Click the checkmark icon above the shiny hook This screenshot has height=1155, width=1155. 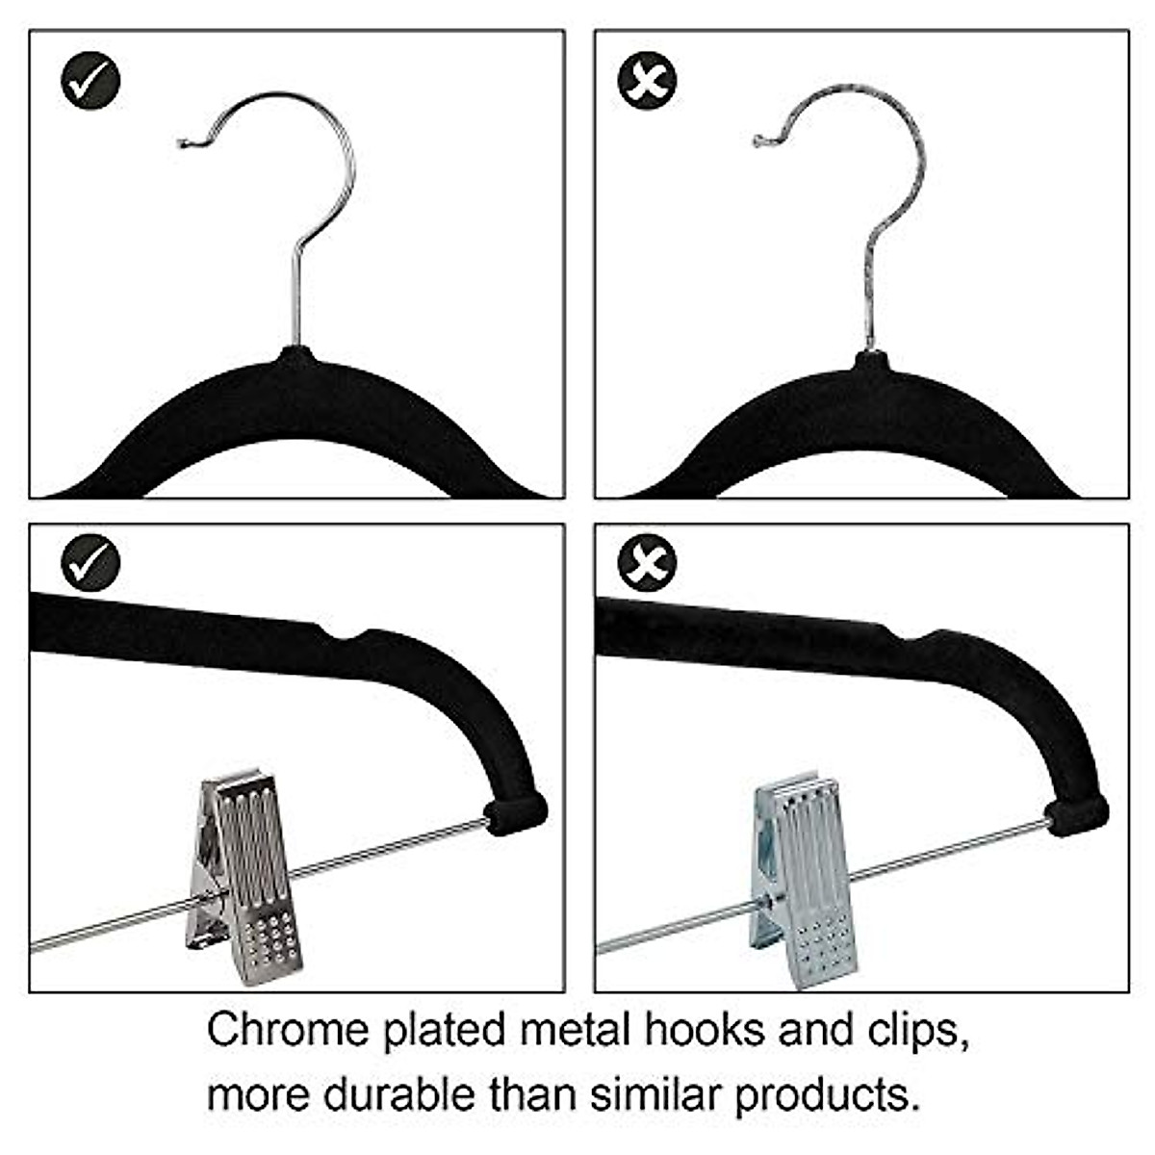(x=90, y=81)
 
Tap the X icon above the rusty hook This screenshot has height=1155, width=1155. (x=647, y=81)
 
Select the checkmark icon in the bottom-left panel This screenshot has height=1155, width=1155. (x=90, y=562)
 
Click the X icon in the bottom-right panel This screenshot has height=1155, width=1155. (x=647, y=562)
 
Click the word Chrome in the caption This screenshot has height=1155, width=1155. (x=288, y=1031)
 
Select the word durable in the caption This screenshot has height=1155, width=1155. (x=398, y=1095)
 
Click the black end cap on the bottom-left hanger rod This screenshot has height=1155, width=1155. (x=515, y=813)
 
